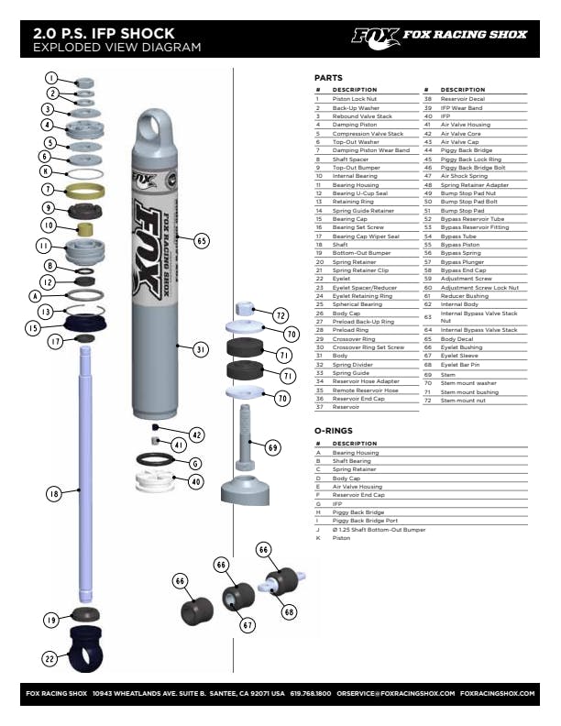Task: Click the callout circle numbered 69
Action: coord(271,447)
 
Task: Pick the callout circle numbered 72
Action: coord(280,315)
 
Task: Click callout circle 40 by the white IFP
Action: coord(196,480)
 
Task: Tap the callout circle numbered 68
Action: coord(290,611)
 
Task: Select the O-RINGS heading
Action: coord(333,430)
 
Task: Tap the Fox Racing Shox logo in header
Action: coord(440,36)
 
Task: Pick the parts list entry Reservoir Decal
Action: coord(463,98)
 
